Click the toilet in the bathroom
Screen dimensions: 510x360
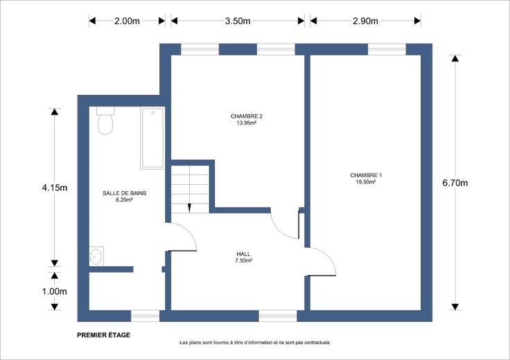click(105, 120)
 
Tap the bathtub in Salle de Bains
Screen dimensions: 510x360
click(152, 138)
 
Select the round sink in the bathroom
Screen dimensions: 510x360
click(96, 256)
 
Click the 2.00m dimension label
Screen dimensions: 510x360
click(127, 21)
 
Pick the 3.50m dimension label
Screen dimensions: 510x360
click(238, 21)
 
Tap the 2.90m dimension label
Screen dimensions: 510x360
click(365, 21)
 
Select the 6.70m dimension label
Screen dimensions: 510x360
click(455, 183)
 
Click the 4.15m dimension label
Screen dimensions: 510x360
click(55, 188)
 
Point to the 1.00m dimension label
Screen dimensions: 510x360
click(54, 291)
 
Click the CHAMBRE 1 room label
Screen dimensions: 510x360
click(366, 175)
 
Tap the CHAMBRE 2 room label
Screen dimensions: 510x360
click(247, 116)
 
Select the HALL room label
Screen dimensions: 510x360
click(244, 254)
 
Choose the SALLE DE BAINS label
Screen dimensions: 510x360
click(124, 193)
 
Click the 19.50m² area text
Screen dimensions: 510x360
click(366, 182)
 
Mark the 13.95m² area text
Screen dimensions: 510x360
click(247, 123)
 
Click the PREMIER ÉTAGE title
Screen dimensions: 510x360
click(104, 335)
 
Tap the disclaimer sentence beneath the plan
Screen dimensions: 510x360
click(255, 343)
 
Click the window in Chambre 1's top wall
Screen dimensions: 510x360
click(387, 49)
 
